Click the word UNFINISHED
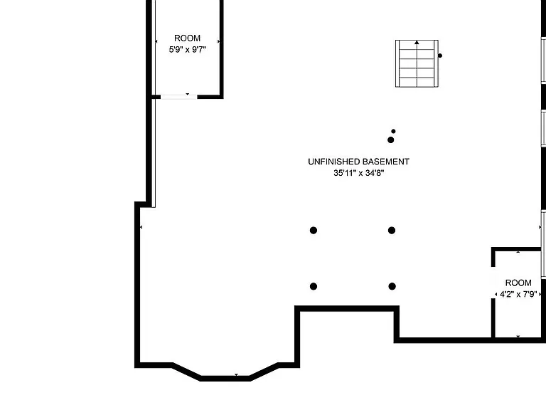[x=334, y=162]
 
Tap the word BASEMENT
[x=386, y=162]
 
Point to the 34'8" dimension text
[x=375, y=173]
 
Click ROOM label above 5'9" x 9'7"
[x=188, y=38]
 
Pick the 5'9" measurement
[x=176, y=50]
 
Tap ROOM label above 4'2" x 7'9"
[x=518, y=283]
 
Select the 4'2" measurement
[x=507, y=294]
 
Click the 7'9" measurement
[x=530, y=294]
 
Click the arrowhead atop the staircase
[x=417, y=43]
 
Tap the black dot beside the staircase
[x=440, y=56]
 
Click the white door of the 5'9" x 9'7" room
[x=179, y=97]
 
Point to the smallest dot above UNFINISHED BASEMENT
[x=393, y=132]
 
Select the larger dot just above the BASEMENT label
[x=391, y=140]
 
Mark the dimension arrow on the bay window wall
[x=237, y=375]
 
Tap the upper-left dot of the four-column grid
[x=314, y=231]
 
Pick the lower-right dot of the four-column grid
[x=392, y=287]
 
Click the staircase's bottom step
[x=417, y=83]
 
